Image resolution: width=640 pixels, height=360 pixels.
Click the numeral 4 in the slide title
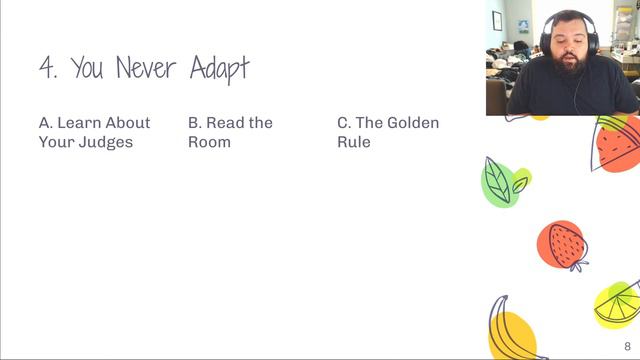point(47,68)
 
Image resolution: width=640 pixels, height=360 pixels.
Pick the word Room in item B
point(210,142)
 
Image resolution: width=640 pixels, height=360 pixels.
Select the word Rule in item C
point(354,142)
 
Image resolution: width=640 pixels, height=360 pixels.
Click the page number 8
point(627,346)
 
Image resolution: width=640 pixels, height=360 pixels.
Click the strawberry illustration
point(565,245)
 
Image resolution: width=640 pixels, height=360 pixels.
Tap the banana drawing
point(512,328)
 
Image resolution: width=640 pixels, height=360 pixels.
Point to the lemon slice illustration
point(617,306)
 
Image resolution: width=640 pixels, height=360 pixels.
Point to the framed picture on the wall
point(497,20)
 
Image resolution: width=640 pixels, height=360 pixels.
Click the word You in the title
point(88,68)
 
